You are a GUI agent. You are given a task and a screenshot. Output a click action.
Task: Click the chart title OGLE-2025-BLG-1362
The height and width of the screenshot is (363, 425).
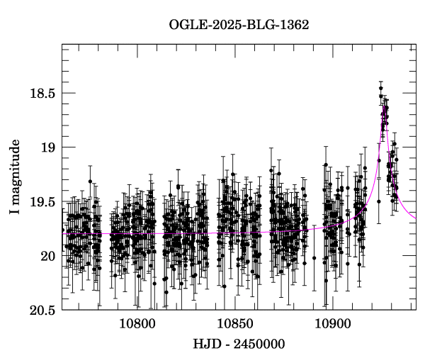click(x=239, y=25)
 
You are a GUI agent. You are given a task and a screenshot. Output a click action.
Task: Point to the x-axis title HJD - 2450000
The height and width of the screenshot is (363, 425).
click(x=239, y=344)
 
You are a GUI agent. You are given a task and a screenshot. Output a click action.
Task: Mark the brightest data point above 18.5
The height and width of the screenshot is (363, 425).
click(x=380, y=88)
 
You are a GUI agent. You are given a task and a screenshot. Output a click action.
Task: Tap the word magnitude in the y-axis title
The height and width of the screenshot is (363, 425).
click(x=15, y=171)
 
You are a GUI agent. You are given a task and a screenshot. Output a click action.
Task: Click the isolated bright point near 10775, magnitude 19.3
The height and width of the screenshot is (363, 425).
click(x=90, y=181)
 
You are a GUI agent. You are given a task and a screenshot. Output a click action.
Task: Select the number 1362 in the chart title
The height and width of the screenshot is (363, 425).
click(x=294, y=25)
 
